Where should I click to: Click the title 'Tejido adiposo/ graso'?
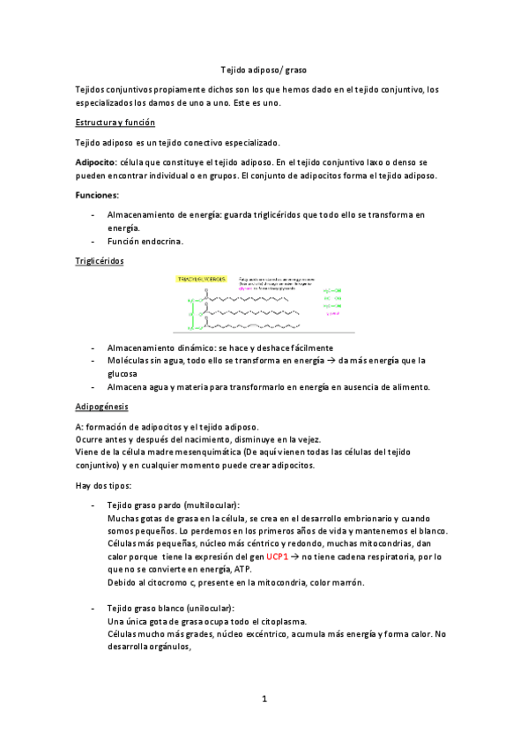(x=264, y=69)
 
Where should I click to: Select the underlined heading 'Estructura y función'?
(x=115, y=123)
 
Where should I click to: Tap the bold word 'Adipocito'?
(x=96, y=163)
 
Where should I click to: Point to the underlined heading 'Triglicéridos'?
(x=100, y=261)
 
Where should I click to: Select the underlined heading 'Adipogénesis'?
(x=102, y=407)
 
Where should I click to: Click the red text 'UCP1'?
(x=278, y=557)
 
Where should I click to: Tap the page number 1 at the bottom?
(x=264, y=699)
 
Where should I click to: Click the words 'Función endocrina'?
(x=145, y=241)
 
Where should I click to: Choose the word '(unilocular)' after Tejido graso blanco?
(x=205, y=609)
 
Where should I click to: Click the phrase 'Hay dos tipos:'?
(x=105, y=484)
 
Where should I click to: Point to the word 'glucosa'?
(x=124, y=373)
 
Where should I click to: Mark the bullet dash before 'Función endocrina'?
(x=93, y=241)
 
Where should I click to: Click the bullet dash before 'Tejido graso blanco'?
(x=93, y=609)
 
